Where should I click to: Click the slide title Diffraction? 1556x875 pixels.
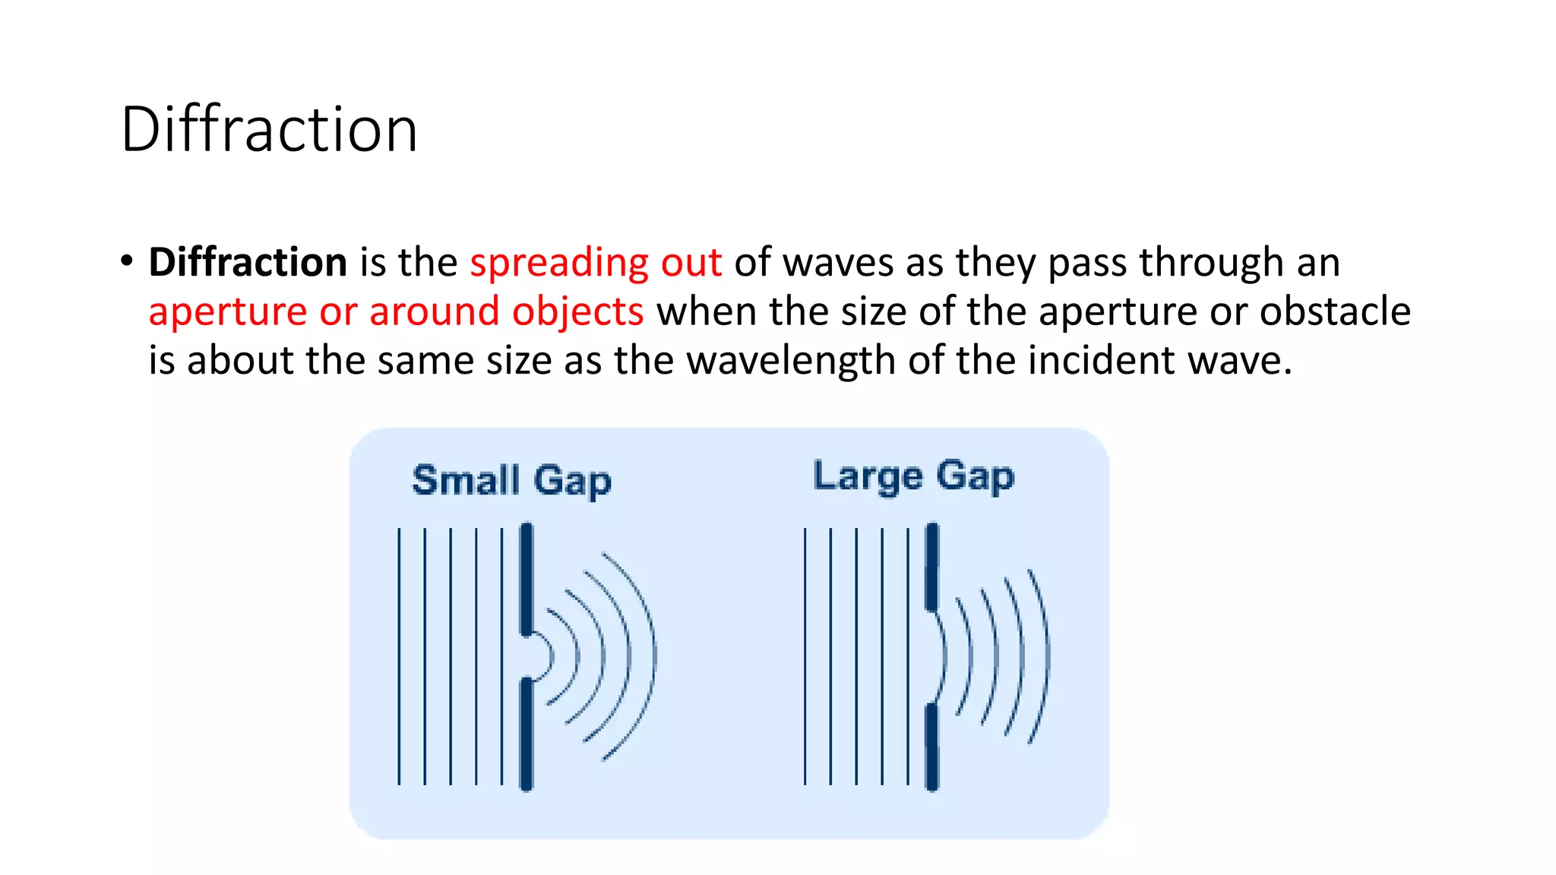(x=269, y=130)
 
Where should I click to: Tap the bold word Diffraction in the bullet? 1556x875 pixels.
(x=248, y=262)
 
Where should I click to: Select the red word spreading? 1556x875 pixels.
(x=558, y=264)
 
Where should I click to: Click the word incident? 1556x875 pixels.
(x=1101, y=360)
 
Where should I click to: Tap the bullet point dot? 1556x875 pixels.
(x=127, y=261)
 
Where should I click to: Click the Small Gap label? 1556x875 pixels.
(x=511, y=481)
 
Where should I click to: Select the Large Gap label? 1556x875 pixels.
(x=913, y=477)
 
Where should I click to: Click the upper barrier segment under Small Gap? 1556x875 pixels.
(x=527, y=578)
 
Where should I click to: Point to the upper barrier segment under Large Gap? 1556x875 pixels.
(x=932, y=567)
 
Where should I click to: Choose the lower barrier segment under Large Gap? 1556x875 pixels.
(x=932, y=747)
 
